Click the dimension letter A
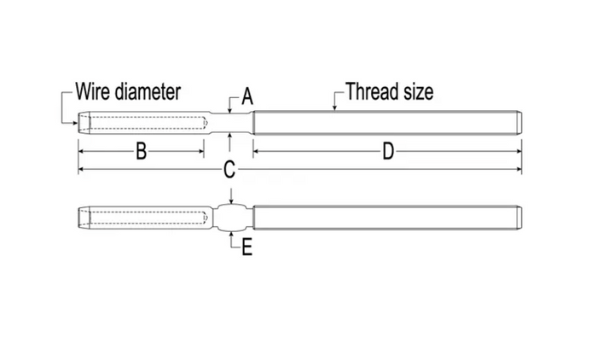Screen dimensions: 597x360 click(247, 96)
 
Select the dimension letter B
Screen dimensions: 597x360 click(142, 151)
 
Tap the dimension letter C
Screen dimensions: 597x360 click(229, 170)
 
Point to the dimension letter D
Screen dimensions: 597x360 click(388, 151)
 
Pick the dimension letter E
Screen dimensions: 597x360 click(247, 247)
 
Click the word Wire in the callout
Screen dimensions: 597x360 click(92, 91)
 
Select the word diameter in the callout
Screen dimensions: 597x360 click(148, 91)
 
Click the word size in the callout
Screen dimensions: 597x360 click(418, 91)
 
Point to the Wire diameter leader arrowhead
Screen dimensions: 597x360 click(75, 123)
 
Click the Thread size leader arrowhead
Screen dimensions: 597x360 click(334, 107)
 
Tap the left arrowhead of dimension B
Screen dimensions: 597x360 click(82, 151)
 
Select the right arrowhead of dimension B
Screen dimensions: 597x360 click(200, 151)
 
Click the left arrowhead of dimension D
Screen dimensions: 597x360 click(257, 151)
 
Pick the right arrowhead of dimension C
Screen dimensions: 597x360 click(519, 169)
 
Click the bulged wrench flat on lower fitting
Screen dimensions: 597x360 click(232, 218)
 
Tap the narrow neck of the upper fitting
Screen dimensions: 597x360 click(231, 123)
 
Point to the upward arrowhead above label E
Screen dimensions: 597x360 click(231, 235)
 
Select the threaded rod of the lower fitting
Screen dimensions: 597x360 click(387, 218)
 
